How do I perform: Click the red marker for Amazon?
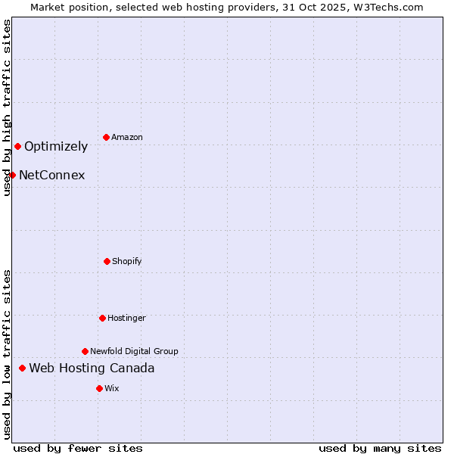107,137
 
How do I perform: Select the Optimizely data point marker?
17,146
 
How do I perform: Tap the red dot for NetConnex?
12,175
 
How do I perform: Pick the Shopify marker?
107,261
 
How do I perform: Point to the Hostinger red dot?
102,318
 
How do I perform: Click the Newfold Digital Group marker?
85,351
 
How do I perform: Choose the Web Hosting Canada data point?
22,368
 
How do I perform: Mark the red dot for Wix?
99,388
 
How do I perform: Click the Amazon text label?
127,137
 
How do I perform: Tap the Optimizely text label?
56,146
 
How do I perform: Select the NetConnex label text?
52,175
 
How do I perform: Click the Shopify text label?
127,261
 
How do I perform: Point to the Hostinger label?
126,318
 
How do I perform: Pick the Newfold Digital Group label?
134,351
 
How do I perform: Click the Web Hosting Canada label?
92,368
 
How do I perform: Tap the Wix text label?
112,388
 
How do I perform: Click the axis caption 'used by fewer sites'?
78,448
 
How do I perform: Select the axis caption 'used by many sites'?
380,448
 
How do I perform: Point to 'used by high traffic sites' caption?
7,107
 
